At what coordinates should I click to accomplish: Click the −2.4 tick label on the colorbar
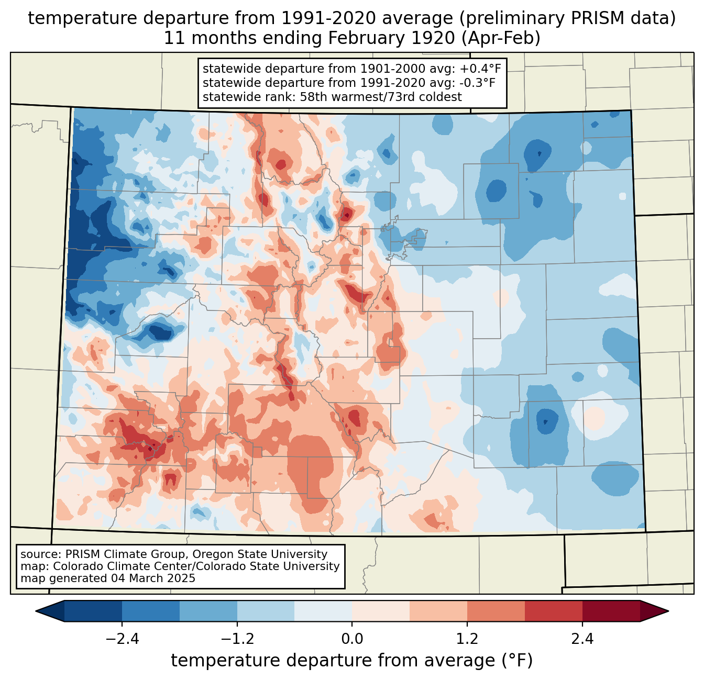[x=122, y=639]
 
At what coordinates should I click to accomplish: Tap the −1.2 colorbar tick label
[x=237, y=639]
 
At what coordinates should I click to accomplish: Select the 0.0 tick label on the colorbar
[x=352, y=639]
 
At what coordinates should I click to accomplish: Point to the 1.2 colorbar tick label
[x=467, y=639]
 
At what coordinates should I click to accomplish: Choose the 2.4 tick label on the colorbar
[x=582, y=639]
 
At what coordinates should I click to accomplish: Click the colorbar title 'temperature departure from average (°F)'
[x=352, y=661]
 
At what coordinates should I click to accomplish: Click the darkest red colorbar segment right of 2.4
[x=611, y=611]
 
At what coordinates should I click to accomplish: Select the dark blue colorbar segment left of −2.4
[x=93, y=611]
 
